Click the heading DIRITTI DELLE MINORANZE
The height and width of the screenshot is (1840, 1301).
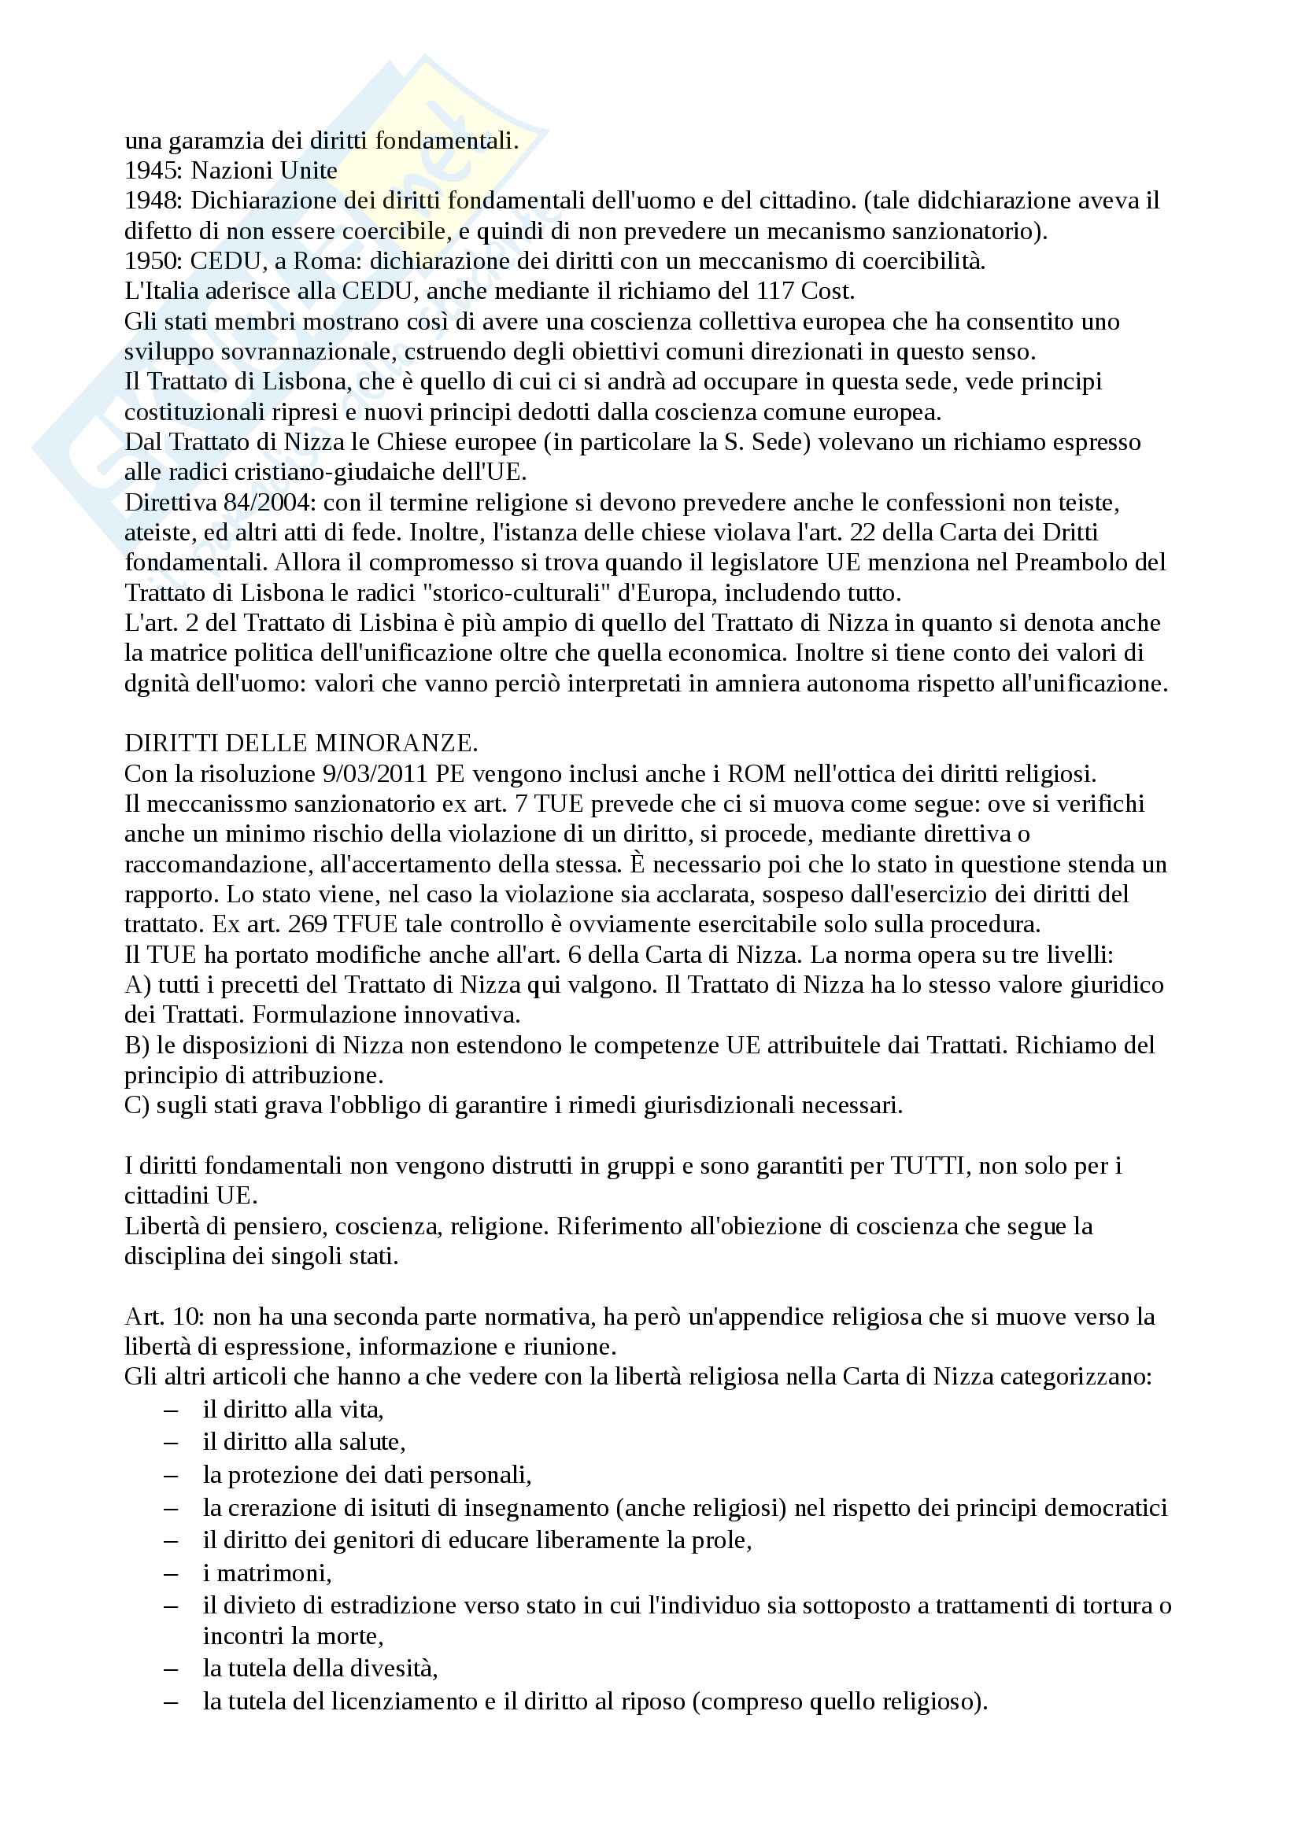point(301,743)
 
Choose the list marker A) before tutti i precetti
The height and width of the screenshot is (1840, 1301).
point(137,984)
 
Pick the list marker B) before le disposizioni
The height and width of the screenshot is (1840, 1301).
point(136,1045)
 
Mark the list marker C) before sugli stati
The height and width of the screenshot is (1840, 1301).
point(136,1105)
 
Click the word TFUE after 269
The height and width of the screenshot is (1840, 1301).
point(365,924)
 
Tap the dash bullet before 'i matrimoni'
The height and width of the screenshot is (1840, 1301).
point(172,1574)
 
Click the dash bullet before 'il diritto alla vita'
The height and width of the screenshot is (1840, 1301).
point(172,1410)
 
